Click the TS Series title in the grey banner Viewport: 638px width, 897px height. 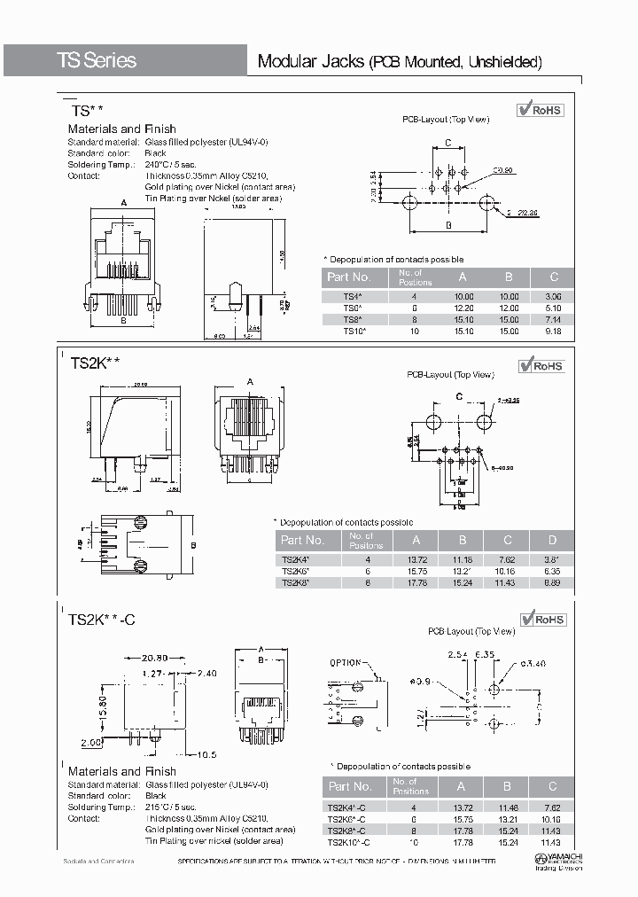97,60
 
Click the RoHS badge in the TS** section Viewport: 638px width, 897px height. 541,110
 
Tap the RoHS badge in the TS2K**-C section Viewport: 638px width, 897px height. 542,620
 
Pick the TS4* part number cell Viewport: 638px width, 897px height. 353,297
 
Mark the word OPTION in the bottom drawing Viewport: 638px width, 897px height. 346,663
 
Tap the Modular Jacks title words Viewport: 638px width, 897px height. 311,61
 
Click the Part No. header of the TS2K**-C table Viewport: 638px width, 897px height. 350,786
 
